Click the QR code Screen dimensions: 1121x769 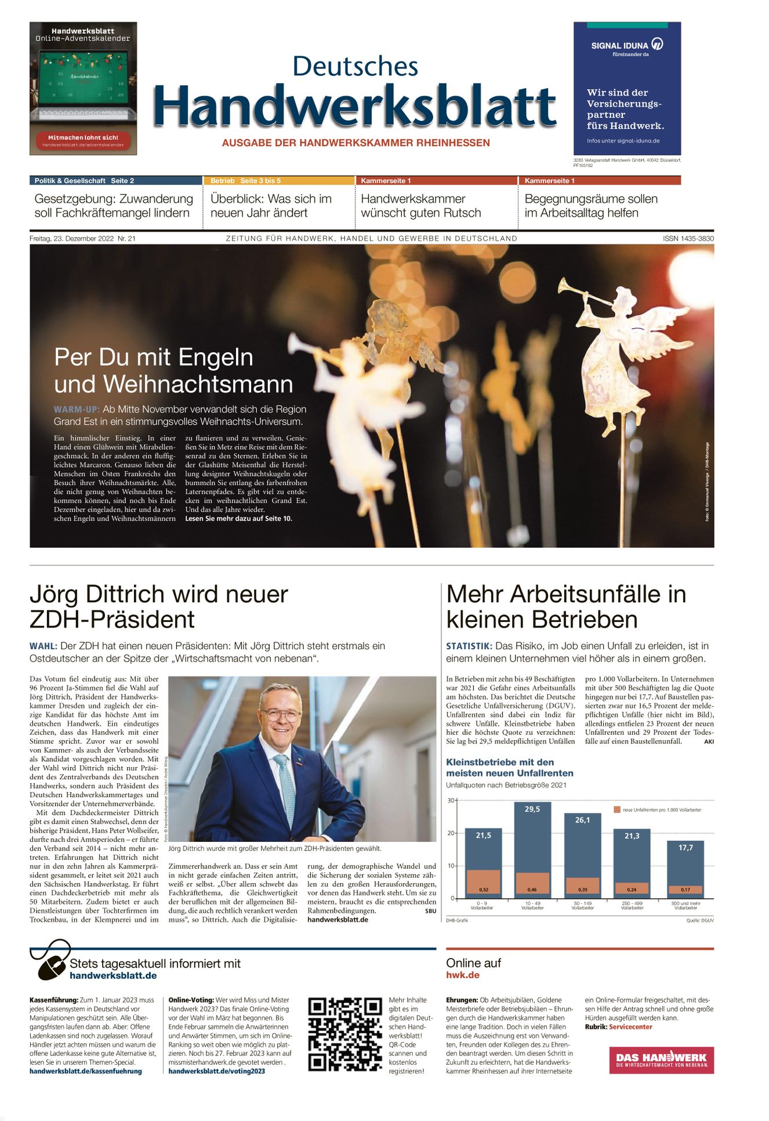pyautogui.click(x=344, y=1034)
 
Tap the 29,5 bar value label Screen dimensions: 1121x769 pyautogui.click(x=532, y=809)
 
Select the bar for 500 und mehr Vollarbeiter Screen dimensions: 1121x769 pyautogui.click(x=685, y=867)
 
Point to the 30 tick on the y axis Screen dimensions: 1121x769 pyautogui.click(x=451, y=801)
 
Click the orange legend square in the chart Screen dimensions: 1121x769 pyautogui.click(x=617, y=809)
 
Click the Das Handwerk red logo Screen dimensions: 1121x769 pyautogui.click(x=661, y=1060)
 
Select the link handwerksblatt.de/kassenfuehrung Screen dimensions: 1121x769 pyautogui.click(x=86, y=1071)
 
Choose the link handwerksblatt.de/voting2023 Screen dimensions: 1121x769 pyautogui.click(x=216, y=1071)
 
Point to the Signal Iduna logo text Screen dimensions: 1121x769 pyautogui.click(x=619, y=45)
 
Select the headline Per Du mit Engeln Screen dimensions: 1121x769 pyautogui.click(x=154, y=357)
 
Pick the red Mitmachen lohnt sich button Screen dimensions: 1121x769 pyautogui.click(x=83, y=140)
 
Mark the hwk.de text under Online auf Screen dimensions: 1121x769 pyautogui.click(x=463, y=975)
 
